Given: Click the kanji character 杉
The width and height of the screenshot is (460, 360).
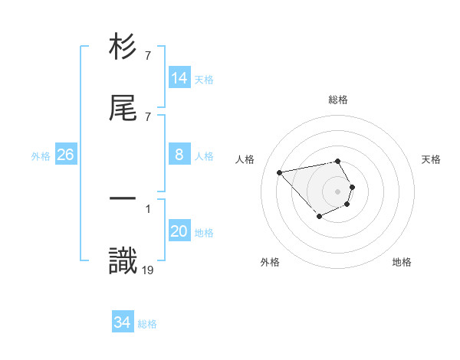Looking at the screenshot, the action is coord(123,48).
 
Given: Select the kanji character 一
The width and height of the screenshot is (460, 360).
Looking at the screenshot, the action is coord(123,198).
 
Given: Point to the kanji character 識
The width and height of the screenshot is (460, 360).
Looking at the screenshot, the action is coord(123,260).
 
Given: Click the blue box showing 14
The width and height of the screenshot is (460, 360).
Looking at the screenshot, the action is coord(179,77).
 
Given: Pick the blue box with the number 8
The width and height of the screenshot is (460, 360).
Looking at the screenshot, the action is coord(179,155).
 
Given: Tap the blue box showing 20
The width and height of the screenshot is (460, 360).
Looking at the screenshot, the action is coord(179,231).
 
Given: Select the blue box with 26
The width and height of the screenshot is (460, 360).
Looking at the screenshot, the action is coord(65,155).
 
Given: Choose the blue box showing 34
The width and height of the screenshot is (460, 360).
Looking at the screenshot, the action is coord(123,323).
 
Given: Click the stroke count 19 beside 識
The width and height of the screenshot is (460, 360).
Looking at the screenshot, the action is coord(148,269).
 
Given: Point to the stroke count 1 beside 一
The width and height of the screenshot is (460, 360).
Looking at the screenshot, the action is coord(148,208).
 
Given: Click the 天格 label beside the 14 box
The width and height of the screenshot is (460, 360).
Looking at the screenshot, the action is coord(204,79).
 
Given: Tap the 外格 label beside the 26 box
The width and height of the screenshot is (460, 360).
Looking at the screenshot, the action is coord(41,155).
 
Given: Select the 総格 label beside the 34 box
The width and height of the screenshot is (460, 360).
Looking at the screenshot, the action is coord(147,324).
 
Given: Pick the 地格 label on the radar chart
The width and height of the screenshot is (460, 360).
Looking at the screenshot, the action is coord(402,262).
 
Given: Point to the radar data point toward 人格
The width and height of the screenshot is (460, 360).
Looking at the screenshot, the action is coord(280,172).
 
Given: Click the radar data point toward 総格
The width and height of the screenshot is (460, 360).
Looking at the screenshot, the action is coord(337,161).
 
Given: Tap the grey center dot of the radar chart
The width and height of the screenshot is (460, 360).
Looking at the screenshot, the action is coord(337,191).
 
